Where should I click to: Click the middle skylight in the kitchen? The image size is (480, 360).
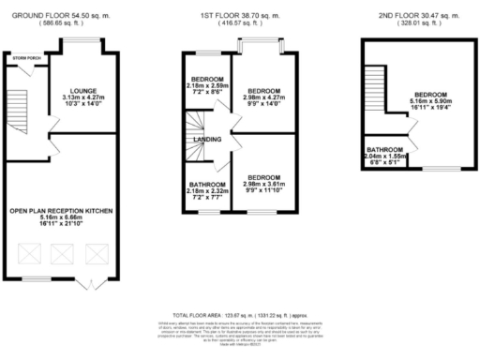point(65,252)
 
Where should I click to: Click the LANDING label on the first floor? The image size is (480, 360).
point(206,140)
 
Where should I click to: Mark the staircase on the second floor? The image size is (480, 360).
point(375,89)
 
